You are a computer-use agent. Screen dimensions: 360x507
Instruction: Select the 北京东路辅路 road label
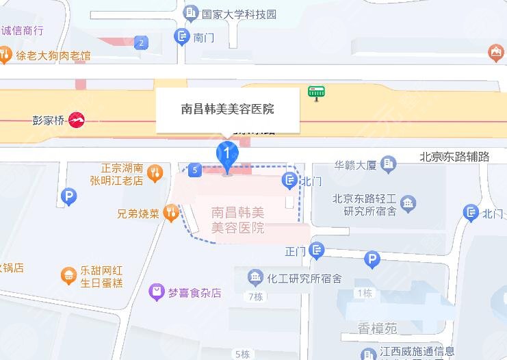click(454, 157)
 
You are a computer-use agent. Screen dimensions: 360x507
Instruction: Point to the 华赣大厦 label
click(356, 164)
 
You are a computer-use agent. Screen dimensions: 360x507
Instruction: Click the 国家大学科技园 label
click(239, 13)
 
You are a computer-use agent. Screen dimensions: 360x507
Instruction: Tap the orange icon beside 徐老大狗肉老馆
click(5, 53)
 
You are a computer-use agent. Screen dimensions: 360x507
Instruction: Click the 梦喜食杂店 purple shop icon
click(157, 292)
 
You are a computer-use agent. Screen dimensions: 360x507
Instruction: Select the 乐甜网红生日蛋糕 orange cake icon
click(68, 276)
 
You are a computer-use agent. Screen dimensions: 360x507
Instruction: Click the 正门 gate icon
click(317, 250)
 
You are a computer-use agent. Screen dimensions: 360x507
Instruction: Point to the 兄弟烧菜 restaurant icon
click(170, 214)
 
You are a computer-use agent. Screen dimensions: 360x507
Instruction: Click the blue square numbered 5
click(196, 169)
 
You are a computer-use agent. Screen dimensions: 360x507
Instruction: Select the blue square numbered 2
click(142, 43)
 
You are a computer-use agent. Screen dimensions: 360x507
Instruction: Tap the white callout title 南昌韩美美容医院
click(228, 109)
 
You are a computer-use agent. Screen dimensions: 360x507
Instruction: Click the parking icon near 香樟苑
click(372, 259)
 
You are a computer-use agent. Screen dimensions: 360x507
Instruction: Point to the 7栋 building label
click(255, 297)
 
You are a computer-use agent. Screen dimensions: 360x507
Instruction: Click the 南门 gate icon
click(183, 37)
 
